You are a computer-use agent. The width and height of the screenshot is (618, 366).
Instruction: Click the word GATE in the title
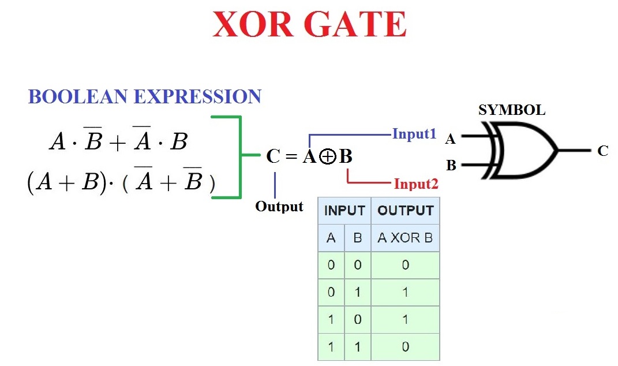click(359, 25)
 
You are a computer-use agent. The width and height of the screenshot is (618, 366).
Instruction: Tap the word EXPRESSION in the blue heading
click(198, 96)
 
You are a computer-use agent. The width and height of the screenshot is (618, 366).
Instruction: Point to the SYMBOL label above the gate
click(511, 110)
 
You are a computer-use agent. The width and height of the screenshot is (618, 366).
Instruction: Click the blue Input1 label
click(414, 134)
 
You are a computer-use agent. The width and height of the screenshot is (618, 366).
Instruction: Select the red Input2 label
click(416, 184)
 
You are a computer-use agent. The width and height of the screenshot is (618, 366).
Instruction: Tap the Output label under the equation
click(279, 207)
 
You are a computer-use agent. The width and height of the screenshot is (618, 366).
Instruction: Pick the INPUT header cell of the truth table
click(344, 211)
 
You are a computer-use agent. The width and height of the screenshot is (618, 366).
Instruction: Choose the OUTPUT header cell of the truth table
click(405, 211)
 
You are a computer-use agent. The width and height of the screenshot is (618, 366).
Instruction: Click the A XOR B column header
click(405, 238)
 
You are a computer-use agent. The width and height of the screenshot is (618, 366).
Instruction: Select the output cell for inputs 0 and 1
click(405, 292)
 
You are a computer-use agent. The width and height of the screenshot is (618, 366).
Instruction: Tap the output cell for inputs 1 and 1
click(405, 346)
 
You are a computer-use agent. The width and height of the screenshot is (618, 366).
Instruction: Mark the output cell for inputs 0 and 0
click(405, 265)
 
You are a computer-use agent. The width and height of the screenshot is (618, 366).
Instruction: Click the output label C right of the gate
click(603, 151)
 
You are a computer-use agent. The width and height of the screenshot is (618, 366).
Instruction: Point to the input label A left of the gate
click(451, 139)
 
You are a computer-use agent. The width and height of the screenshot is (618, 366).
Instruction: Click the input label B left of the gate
click(451, 166)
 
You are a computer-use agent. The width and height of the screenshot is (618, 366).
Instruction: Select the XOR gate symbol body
click(522, 151)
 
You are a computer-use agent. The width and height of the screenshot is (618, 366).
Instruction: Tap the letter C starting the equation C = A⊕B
click(273, 156)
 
